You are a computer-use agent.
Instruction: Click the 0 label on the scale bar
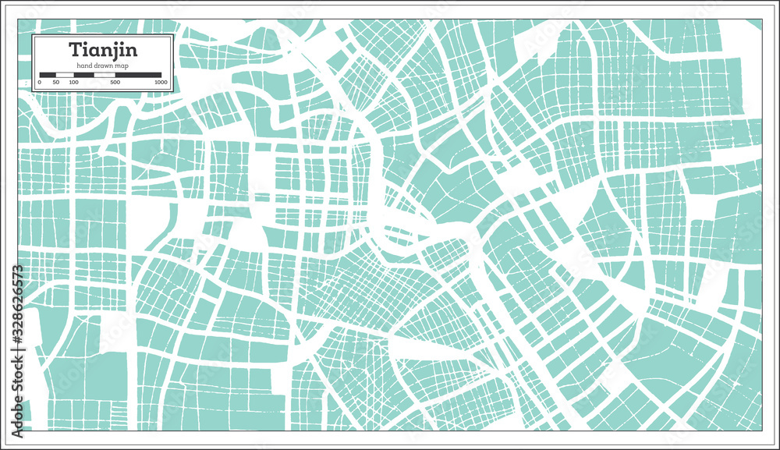(x=39, y=83)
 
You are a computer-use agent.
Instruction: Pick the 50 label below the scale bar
(x=55, y=83)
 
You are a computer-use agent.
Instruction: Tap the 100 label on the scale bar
(x=73, y=83)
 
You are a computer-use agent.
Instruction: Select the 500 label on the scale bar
(x=115, y=83)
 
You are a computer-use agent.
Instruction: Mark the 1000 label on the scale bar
(x=161, y=83)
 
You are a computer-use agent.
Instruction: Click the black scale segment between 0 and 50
(x=47, y=76)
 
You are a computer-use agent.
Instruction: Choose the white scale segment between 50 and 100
(x=64, y=76)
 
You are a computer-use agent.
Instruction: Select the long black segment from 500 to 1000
(x=139, y=76)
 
